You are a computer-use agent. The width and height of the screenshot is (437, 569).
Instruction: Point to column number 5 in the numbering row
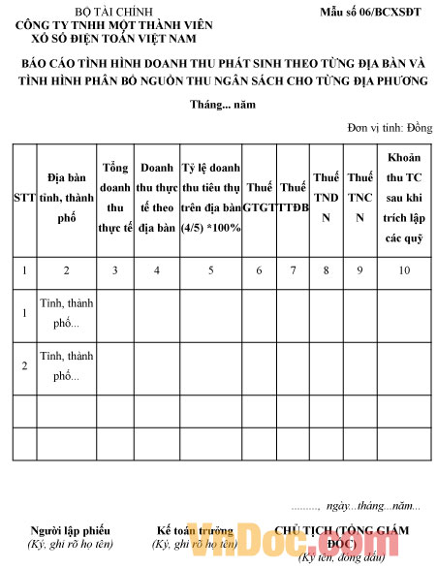coord(211,270)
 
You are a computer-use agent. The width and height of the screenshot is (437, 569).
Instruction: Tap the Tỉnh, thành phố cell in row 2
coord(67,365)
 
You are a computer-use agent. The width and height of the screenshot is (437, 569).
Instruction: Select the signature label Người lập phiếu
coord(70,530)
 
